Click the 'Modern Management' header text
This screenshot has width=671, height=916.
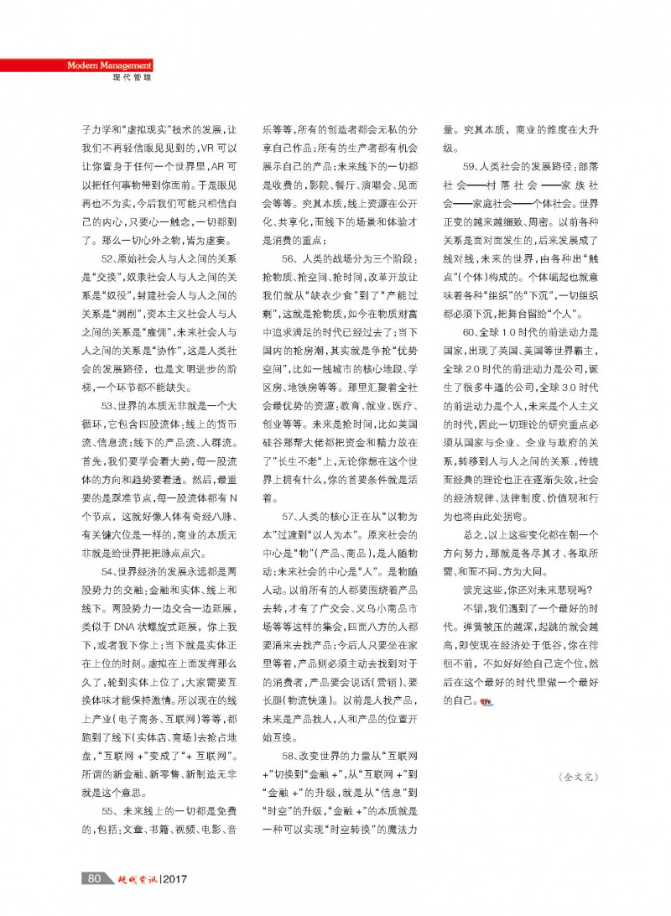109,65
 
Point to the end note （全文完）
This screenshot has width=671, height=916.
578,777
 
